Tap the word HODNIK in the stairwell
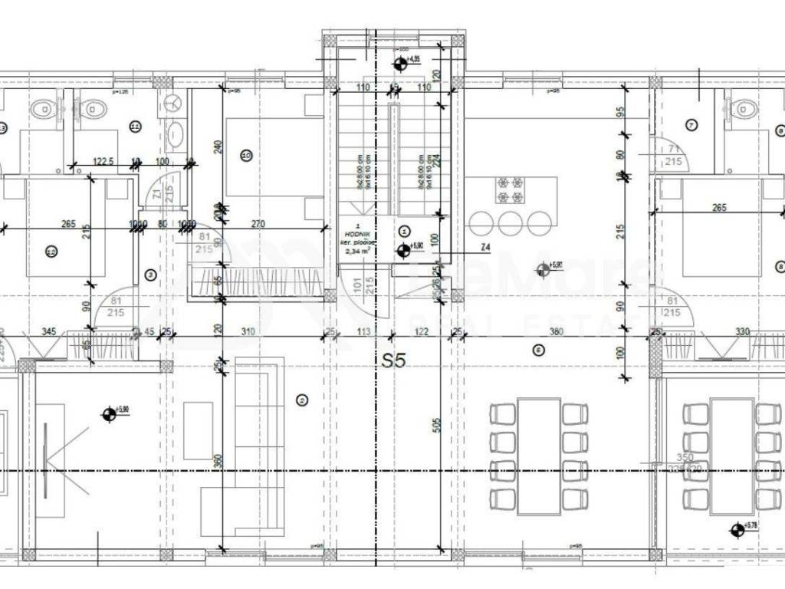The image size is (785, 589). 359,232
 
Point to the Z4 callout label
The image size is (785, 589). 485,247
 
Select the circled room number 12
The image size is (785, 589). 51,250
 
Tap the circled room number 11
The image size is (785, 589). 135,126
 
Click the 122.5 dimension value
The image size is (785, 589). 103,161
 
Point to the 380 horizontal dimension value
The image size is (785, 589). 557,332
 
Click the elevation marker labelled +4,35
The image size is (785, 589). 400,63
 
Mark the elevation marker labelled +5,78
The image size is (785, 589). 737,528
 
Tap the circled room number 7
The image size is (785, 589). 691,124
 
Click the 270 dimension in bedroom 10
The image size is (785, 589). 258,225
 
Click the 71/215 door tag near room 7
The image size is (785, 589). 675,153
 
